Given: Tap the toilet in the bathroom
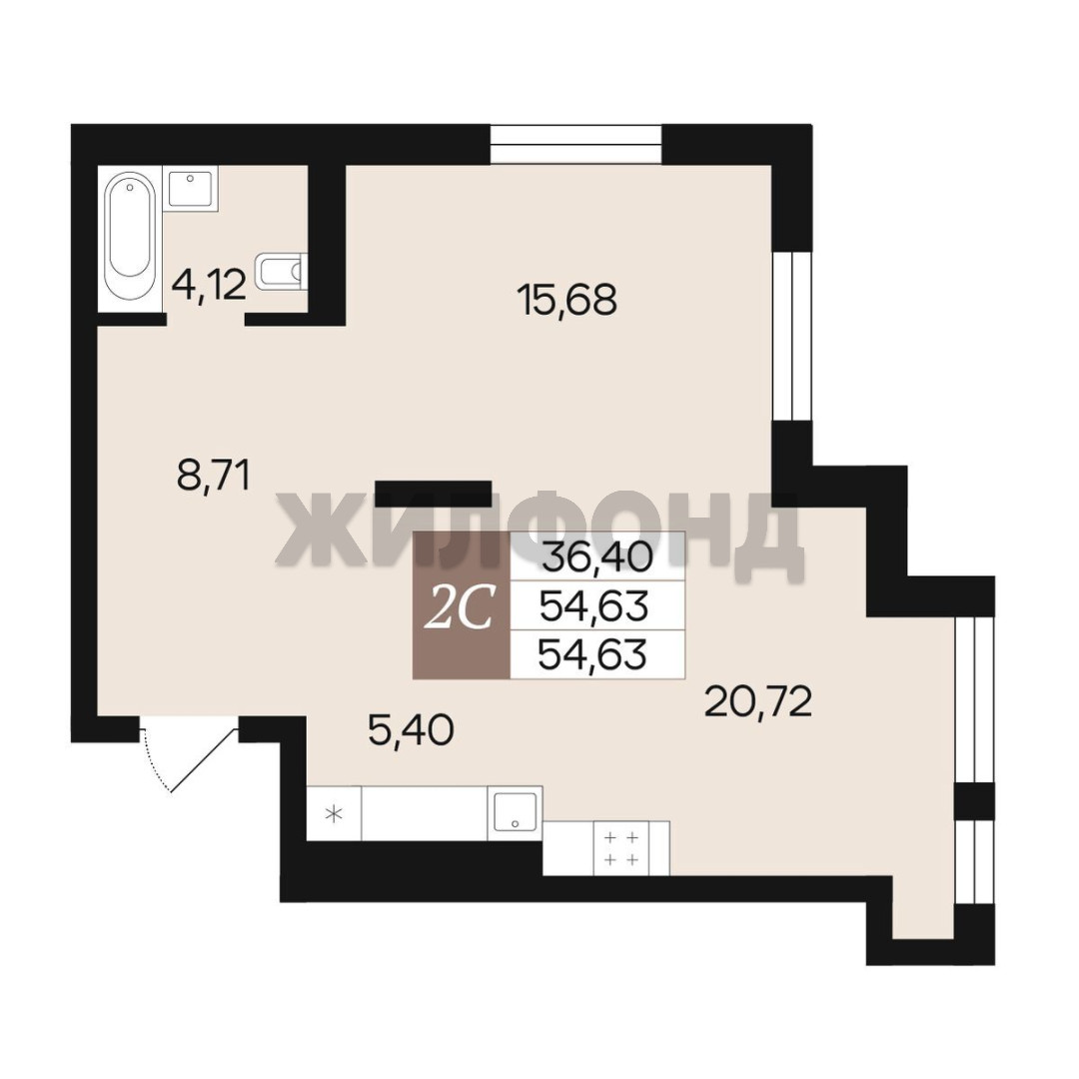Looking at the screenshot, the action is click(x=282, y=271).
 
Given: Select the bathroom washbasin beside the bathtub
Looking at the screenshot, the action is click(x=192, y=187).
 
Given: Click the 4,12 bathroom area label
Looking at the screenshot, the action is click(x=209, y=285).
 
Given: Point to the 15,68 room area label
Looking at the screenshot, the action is click(x=567, y=300).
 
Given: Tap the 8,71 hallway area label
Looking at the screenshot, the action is click(x=213, y=476).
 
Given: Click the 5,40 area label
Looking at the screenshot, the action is click(x=411, y=730).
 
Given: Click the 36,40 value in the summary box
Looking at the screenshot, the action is click(x=597, y=556).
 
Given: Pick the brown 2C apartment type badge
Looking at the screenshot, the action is click(x=461, y=605).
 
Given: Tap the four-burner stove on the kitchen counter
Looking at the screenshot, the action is click(x=621, y=848).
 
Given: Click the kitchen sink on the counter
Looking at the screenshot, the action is click(x=515, y=813).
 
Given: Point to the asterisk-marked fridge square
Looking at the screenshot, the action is click(x=334, y=813).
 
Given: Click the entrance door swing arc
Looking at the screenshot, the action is click(x=154, y=760).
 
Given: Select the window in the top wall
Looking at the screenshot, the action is click(x=576, y=145).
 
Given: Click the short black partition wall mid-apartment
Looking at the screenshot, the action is click(x=433, y=494).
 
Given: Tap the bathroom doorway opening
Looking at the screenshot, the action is click(x=206, y=318).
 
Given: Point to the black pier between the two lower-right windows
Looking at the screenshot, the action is click(x=974, y=801).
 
